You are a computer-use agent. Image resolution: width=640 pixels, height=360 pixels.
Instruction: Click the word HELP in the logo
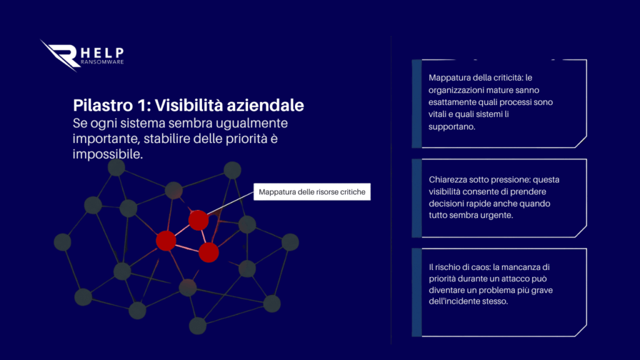(102, 53)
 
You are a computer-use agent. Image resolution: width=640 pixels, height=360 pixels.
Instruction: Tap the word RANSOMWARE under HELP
(102, 62)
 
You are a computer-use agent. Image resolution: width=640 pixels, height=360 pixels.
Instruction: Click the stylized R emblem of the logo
(60, 56)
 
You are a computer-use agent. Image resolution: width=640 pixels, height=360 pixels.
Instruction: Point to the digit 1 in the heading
(142, 105)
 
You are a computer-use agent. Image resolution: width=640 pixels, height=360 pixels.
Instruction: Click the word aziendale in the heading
(265, 105)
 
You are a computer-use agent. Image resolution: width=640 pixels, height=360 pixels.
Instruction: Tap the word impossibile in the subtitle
(107, 154)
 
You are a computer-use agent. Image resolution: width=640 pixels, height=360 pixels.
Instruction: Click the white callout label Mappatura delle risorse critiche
(312, 192)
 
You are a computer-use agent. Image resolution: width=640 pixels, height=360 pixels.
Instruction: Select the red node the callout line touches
(198, 220)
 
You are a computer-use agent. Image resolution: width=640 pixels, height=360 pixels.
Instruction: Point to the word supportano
(452, 127)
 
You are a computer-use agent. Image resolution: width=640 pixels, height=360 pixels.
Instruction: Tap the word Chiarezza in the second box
(447, 179)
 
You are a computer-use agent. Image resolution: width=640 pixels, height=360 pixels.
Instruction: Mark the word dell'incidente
(452, 302)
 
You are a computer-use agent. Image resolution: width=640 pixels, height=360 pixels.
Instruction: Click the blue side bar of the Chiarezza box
(417, 198)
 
